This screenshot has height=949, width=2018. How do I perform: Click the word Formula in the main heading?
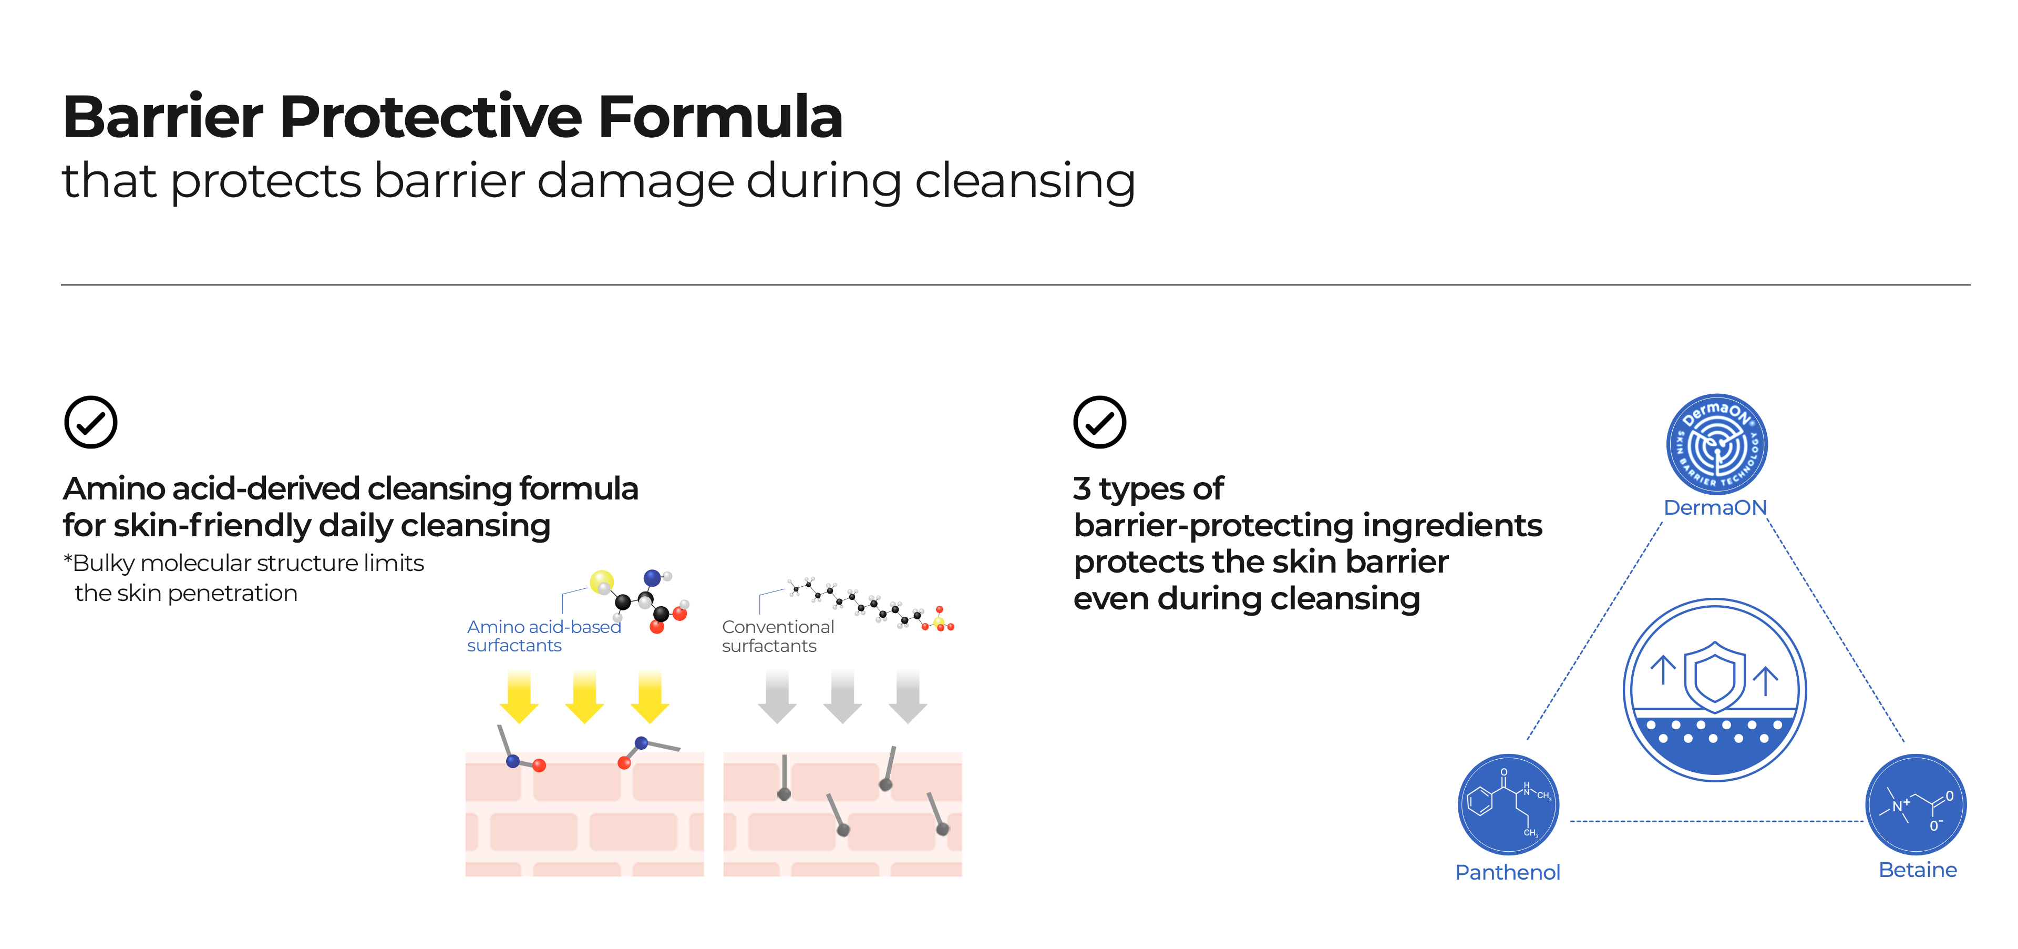pyautogui.click(x=720, y=117)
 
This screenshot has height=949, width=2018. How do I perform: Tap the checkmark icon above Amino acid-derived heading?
pyautogui.click(x=91, y=422)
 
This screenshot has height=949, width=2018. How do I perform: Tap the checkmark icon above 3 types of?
pyautogui.click(x=1100, y=422)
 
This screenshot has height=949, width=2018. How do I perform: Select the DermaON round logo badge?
pyautogui.click(x=1716, y=444)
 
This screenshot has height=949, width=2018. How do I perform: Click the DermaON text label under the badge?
pyautogui.click(x=1715, y=508)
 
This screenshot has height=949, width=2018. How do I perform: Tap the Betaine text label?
pyautogui.click(x=1918, y=870)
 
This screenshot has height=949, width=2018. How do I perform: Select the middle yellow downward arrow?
pyautogui.click(x=584, y=697)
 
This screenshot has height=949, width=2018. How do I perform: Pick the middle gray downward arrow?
pyautogui.click(x=842, y=697)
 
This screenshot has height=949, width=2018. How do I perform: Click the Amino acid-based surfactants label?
pyautogui.click(x=544, y=636)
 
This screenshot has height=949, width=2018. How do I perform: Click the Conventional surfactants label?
pyautogui.click(x=778, y=636)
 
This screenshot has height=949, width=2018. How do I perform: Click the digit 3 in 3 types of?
pyautogui.click(x=1082, y=489)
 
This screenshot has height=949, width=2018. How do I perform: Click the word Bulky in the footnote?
pyautogui.click(x=104, y=564)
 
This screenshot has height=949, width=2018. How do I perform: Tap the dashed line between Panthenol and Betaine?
pyautogui.click(x=1716, y=821)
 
